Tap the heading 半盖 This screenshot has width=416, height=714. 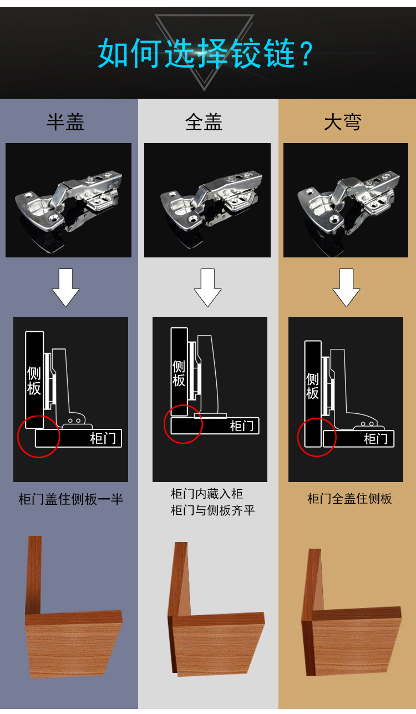pos(65,122)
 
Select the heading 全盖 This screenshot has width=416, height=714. pos(204,122)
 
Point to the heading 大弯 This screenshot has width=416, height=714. pos(342,122)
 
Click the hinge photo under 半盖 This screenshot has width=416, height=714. pos(68,200)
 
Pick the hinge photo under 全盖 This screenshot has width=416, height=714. pos(207,200)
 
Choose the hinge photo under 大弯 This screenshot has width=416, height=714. pos(346,200)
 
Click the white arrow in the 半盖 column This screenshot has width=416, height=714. pos(66,287)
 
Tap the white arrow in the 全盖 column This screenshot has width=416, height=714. pos(207,287)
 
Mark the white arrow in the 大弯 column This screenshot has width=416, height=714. pos(347,287)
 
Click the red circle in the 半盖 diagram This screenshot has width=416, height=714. pos(38,437)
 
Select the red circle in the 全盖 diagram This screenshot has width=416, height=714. pos(183,424)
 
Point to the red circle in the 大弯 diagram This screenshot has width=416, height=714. pos(317,437)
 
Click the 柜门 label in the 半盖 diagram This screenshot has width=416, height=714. pos(103,438)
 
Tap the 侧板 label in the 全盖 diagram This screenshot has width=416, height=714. pos(179,373)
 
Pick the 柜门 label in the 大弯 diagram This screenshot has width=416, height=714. pos(376,439)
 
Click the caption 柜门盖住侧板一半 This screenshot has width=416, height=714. pos(71,499)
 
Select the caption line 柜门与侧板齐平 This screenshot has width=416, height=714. pos(213,510)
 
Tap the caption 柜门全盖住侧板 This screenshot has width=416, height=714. pos(350,499)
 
